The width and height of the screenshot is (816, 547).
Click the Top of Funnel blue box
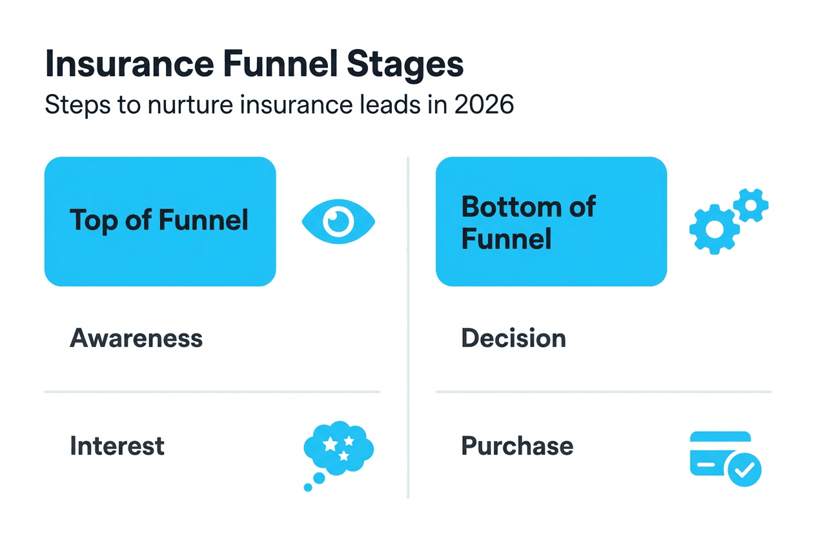click(x=159, y=221)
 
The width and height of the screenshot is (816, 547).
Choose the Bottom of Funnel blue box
click(x=551, y=221)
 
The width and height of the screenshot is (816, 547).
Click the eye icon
click(x=338, y=222)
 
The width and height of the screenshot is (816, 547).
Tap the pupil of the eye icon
click(x=338, y=222)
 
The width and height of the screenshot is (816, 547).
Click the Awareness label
click(x=136, y=338)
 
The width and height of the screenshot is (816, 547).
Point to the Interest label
click(x=117, y=446)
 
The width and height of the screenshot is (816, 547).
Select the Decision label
click(x=513, y=338)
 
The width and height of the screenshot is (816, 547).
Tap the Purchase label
click(x=517, y=446)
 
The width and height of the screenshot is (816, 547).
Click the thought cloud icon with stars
click(x=338, y=448)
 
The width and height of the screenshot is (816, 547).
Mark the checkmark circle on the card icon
click(x=744, y=469)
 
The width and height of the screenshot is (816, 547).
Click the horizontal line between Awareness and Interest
click(x=212, y=392)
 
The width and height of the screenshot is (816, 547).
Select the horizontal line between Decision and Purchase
click(x=603, y=392)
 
